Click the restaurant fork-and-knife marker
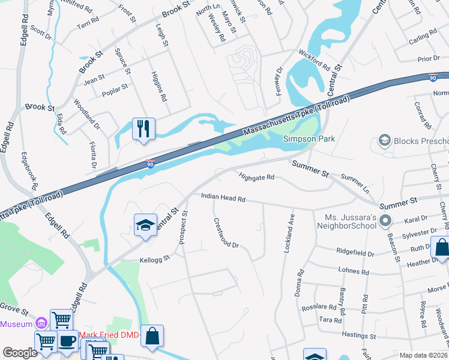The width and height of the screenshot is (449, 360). tap(143, 129)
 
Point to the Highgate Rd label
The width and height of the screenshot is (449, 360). tap(256, 177)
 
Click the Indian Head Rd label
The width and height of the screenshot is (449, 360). tap(223, 197)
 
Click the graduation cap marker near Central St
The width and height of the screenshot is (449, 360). tap(145, 225)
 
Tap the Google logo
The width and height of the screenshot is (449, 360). tap(20, 353)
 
